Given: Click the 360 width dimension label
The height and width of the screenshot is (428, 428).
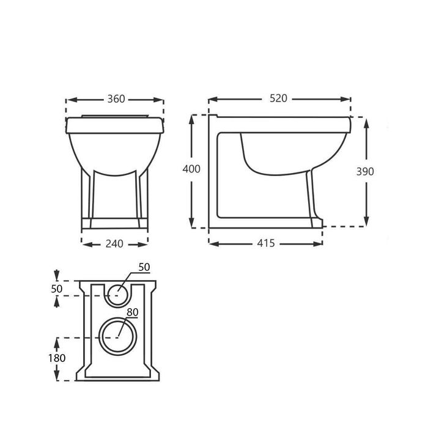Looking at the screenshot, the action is pyautogui.click(x=116, y=99).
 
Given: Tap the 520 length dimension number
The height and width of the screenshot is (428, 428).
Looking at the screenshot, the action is pyautogui.click(x=278, y=98).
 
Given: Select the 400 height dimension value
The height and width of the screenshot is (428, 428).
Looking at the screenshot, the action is pyautogui.click(x=191, y=169).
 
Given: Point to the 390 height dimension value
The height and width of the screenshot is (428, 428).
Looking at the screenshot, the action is pyautogui.click(x=365, y=171).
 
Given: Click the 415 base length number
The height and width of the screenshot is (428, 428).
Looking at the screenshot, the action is pyautogui.click(x=266, y=243).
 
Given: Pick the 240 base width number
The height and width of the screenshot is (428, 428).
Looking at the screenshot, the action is pyautogui.click(x=114, y=244).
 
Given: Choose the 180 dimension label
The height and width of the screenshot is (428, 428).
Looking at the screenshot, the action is pyautogui.click(x=57, y=358).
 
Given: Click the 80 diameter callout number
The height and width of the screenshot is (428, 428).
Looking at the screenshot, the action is pyautogui.click(x=133, y=312).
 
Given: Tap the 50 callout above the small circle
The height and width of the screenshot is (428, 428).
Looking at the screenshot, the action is pyautogui.click(x=144, y=267).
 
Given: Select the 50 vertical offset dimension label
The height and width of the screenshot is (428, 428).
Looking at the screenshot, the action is pyautogui.click(x=57, y=289).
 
